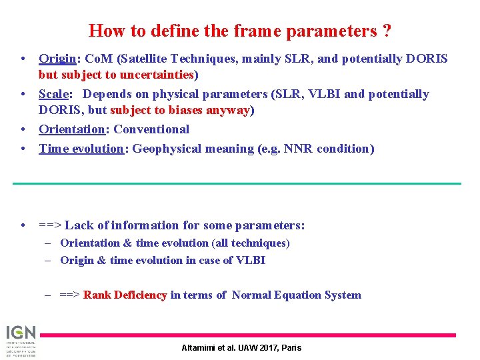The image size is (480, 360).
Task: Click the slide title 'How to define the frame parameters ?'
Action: point(239,31)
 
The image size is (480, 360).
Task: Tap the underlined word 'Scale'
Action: point(53,94)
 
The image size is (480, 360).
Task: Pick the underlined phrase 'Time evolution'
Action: point(81,149)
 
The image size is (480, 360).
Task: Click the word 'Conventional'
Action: point(151,129)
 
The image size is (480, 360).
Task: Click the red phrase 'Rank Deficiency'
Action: point(125,295)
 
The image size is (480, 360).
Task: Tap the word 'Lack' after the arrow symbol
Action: point(79,225)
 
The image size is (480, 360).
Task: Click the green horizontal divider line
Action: point(239,183)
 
